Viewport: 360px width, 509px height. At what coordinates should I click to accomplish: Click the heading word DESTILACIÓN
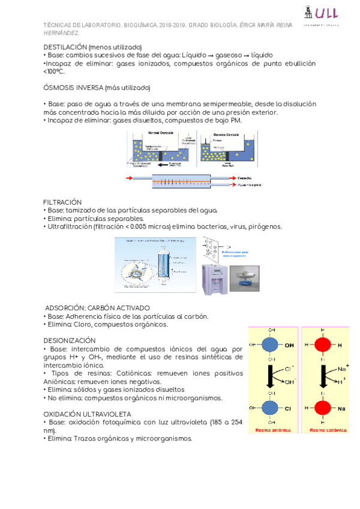coord(65,47)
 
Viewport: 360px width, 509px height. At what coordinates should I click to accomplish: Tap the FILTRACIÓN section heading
coord(62,202)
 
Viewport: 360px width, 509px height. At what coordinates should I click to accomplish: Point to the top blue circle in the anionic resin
coord(271,345)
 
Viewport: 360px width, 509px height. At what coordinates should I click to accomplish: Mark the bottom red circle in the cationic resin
coord(323,408)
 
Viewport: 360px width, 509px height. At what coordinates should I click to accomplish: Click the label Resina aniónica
coord(273,430)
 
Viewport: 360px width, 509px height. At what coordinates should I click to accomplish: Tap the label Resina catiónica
coord(325,430)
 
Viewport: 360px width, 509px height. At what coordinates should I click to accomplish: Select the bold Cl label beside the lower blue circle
coord(288,408)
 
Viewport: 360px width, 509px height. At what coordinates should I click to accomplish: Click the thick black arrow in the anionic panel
coord(271,376)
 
